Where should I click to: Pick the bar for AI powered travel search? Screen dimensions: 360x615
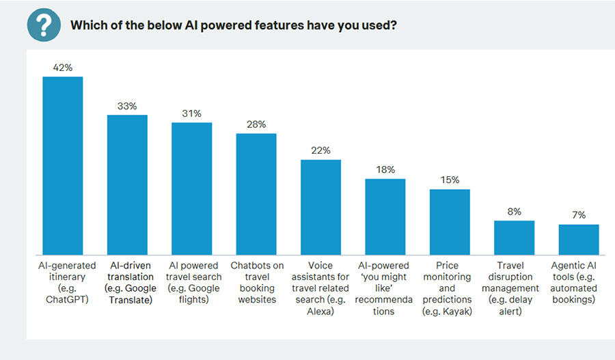[191, 189]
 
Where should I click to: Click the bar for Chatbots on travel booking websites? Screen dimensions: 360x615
[256, 194]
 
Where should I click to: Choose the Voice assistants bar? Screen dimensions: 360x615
[320, 207]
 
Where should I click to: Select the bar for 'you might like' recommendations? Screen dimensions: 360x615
[385, 217]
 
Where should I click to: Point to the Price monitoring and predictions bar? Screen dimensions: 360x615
[450, 222]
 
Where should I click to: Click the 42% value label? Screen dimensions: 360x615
[63, 68]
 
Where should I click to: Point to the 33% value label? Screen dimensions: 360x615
[127, 106]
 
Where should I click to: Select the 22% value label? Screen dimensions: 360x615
[320, 150]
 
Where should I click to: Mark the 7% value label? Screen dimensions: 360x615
[579, 215]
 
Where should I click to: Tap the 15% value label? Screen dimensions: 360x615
[450, 180]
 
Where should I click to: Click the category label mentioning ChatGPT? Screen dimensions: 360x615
[63, 283]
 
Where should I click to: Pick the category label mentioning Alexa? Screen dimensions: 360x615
[320, 288]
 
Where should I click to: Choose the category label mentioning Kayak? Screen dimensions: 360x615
[450, 288]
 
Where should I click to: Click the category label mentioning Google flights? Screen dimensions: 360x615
[191, 283]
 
